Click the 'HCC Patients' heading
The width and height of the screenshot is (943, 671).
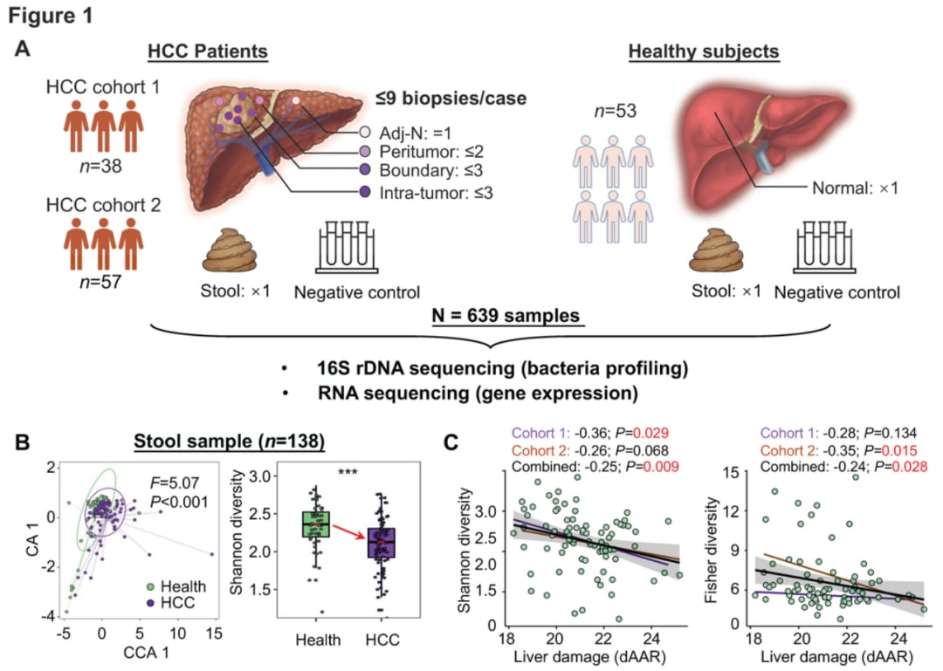pyautogui.click(x=208, y=51)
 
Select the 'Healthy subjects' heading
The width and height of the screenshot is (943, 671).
pyautogui.click(x=704, y=51)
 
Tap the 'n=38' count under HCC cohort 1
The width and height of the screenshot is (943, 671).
pyautogui.click(x=100, y=165)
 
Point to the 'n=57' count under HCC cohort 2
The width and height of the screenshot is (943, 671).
pyautogui.click(x=100, y=281)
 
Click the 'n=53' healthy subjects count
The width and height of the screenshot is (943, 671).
pyautogui.click(x=616, y=111)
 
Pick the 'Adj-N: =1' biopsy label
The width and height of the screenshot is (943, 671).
pyautogui.click(x=415, y=133)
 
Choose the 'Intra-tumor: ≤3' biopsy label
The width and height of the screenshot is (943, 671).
pyautogui.click(x=436, y=193)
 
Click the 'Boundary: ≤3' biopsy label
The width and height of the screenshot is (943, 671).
pyautogui.click(x=430, y=171)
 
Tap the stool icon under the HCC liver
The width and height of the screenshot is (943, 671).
pyautogui.click(x=231, y=250)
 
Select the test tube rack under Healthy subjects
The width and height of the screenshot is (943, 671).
pyautogui.click(x=824, y=247)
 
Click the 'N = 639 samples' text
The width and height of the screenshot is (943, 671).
pyautogui.click(x=506, y=316)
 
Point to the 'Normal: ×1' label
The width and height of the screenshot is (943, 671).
pyautogui.click(x=855, y=188)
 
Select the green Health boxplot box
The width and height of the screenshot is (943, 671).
pyautogui.click(x=316, y=524)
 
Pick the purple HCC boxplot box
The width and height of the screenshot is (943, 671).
pyautogui.click(x=381, y=543)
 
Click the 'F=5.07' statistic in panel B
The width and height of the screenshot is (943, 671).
pyautogui.click(x=174, y=483)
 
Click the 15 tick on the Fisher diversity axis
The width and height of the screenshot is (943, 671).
pyautogui.click(x=731, y=473)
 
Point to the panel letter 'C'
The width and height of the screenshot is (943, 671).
pyautogui.click(x=451, y=443)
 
